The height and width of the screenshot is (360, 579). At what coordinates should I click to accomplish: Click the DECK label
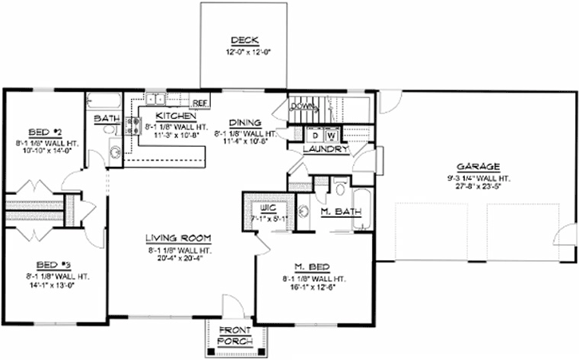click(x=240, y=40)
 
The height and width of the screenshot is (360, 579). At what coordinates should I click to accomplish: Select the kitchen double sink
click(x=154, y=100)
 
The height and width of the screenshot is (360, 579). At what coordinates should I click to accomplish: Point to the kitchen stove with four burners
click(x=134, y=125)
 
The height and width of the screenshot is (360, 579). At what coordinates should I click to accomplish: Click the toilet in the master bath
click(x=338, y=189)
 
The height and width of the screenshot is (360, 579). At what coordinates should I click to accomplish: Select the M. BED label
click(x=312, y=267)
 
